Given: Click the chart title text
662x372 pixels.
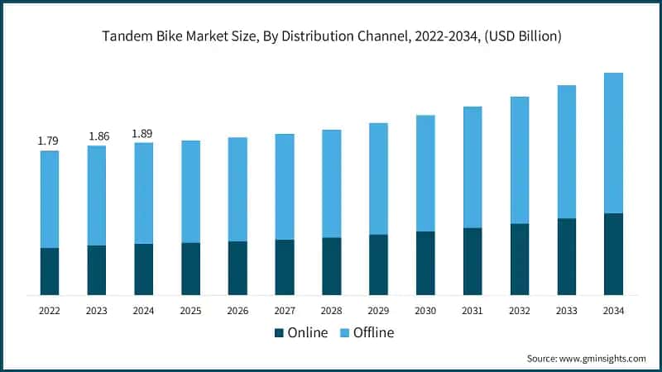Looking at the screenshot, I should pos(331,36).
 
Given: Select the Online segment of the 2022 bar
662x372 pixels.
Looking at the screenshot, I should pos(50,271).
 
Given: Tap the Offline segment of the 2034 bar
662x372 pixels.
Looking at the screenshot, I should pos(613,142).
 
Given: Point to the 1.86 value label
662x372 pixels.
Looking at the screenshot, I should pos(97,136).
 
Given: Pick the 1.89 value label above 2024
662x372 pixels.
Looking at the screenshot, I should pos(144,133).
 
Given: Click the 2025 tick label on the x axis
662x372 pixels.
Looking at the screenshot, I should pos(191,310).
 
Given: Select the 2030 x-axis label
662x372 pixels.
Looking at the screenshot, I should pos(425,310).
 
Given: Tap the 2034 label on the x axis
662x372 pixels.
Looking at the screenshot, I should pos(613,310).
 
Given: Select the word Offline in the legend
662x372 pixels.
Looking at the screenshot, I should pos(374,333).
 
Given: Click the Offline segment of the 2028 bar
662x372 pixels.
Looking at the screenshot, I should pos(332,184).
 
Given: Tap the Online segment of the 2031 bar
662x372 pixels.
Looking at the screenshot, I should pos(473,261).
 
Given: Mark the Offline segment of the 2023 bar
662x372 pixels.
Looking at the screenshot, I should pos(97,195).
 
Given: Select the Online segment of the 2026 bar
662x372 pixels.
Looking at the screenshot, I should pos(237,268).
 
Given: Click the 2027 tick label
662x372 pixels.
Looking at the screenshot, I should pos(285,310).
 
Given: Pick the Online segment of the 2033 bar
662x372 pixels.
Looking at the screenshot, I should pos(566,256).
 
